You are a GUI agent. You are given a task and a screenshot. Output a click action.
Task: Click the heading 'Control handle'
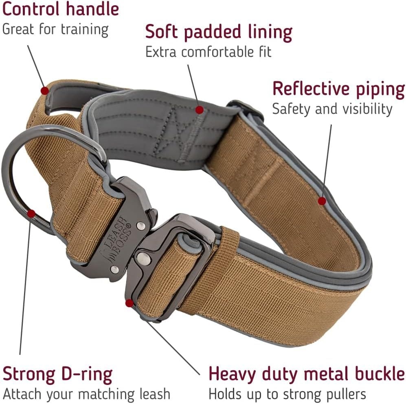(x=60, y=9)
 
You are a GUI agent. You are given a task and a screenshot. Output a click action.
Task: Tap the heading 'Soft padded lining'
(x=219, y=32)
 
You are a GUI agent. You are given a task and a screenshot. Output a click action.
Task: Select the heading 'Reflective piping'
(x=338, y=89)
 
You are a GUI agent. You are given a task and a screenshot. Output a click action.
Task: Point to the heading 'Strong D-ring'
(x=57, y=374)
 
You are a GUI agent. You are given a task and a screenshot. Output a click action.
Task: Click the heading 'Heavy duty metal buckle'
(x=307, y=374)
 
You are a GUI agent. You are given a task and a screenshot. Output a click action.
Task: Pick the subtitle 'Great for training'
(x=55, y=29)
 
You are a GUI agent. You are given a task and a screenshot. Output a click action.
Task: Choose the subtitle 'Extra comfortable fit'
(x=208, y=52)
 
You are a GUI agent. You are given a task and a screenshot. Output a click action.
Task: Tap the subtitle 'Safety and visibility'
(x=332, y=109)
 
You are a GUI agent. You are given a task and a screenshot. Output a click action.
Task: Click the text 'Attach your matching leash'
(x=86, y=394)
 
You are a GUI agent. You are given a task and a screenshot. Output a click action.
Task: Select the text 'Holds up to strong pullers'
(x=287, y=394)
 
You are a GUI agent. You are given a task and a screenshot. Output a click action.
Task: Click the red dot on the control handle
(x=44, y=90)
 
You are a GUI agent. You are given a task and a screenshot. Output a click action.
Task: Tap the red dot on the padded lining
(x=199, y=109)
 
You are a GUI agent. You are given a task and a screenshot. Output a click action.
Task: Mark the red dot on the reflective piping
(x=322, y=201)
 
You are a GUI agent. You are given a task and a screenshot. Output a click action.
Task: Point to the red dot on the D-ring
(x=31, y=213)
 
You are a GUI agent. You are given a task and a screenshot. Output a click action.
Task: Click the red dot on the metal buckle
(x=129, y=303)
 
